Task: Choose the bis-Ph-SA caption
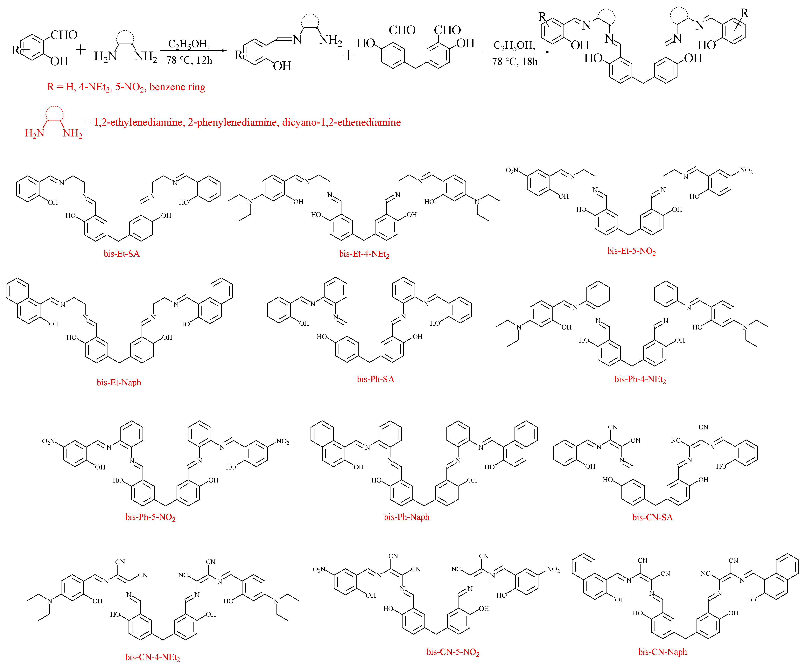coord(375,379)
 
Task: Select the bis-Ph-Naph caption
coord(406,517)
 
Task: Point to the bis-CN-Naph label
coord(662,652)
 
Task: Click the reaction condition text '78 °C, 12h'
coord(189,60)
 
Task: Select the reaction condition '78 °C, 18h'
coord(515,61)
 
